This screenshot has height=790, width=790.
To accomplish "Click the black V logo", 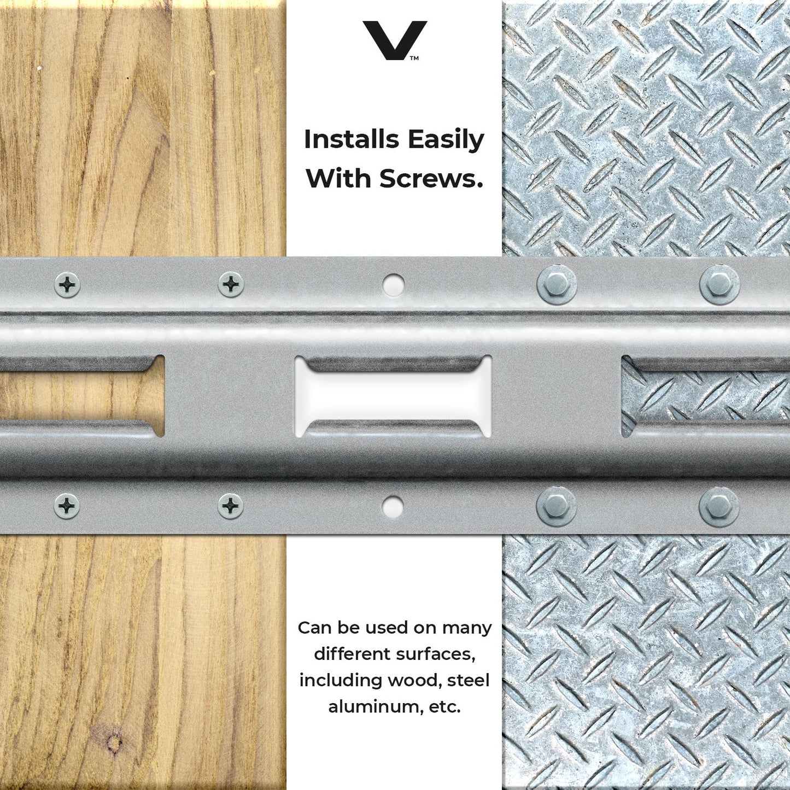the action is [x=394, y=40].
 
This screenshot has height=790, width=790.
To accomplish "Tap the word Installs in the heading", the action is [x=352, y=140].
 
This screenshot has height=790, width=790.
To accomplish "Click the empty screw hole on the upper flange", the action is [x=393, y=284].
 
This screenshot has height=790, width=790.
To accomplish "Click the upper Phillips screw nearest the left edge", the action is [x=67, y=284].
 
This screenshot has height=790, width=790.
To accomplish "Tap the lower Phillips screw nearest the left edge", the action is [x=67, y=505].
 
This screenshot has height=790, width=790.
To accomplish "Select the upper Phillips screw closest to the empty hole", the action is [x=231, y=284].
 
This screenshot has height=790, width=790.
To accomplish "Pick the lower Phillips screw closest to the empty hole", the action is [x=230, y=505].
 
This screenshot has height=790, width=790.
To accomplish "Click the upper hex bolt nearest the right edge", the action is [x=719, y=284].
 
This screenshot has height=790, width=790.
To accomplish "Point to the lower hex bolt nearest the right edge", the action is [x=719, y=505].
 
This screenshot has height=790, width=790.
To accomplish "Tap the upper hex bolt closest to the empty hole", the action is [x=557, y=284].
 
